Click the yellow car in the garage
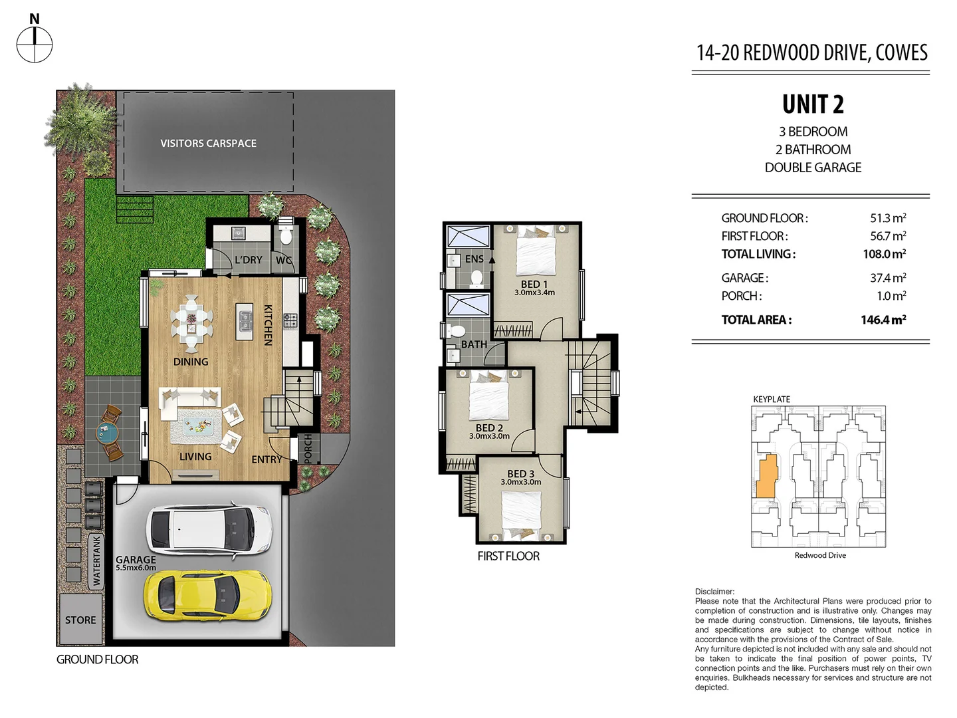pos(208,594)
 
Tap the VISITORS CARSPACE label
pos(208,143)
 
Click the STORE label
pos(80,620)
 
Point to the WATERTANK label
pos(97,561)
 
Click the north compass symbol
pos(35,45)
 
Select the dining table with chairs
pos(191,323)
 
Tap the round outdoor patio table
pos(106,434)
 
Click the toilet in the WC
pos(286,235)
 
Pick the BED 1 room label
pos(534,284)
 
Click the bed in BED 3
pos(521,512)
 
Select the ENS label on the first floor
pos(474,259)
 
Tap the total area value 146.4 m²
pos(883,320)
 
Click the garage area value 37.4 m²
pos(888,278)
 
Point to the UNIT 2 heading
pos(812,104)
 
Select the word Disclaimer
pos(714,591)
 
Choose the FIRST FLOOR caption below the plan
pos(508,556)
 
